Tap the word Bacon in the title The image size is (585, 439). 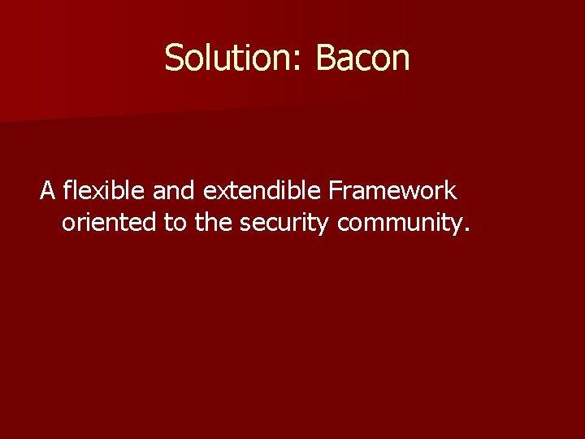362,58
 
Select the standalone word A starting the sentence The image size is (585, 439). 48,191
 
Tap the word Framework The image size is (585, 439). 392,191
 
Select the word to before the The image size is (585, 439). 175,222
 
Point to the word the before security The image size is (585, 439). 214,222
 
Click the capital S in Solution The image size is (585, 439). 173,58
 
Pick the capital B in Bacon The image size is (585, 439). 325,58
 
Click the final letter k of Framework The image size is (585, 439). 452,191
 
